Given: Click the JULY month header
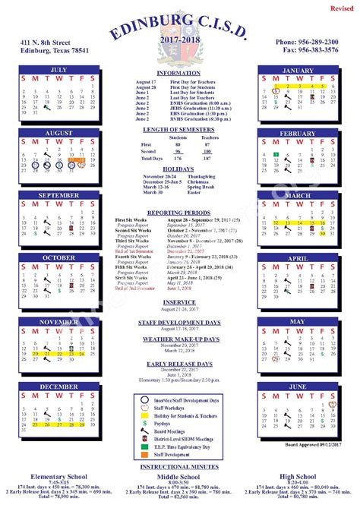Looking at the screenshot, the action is [58, 70].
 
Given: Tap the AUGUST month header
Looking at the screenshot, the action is [58, 133].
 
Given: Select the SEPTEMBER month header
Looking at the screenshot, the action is [58, 195].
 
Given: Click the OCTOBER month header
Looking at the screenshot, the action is [58, 258].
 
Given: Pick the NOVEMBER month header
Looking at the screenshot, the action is [58, 321].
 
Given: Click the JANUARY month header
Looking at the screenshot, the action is [297, 70].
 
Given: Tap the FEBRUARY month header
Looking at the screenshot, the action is [297, 133].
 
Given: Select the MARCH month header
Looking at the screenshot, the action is [297, 195].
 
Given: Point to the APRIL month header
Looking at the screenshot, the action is [297, 258].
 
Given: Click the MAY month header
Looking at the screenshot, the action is [297, 321].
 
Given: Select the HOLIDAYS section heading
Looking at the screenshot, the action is [178, 169].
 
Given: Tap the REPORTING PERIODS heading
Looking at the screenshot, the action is [178, 213].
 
